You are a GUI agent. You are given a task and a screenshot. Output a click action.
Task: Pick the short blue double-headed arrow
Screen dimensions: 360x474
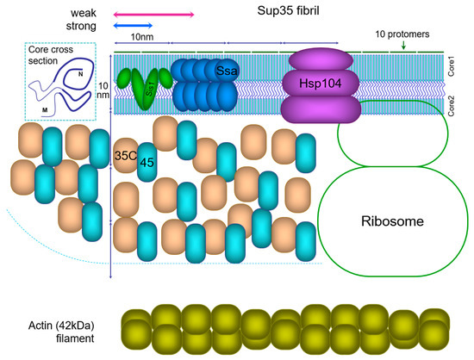[133, 28]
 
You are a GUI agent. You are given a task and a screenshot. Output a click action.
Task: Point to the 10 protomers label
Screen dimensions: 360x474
[404, 34]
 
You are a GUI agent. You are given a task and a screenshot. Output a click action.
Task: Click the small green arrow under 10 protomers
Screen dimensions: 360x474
[404, 47]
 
